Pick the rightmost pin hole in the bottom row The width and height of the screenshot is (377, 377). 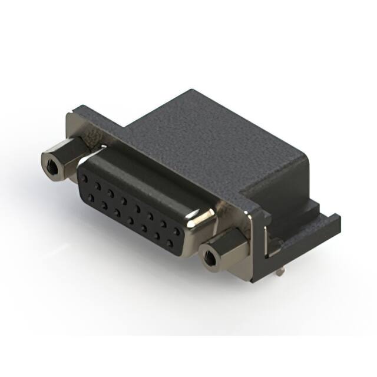click(170, 242)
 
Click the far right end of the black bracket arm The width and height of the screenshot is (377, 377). click(337, 221)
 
